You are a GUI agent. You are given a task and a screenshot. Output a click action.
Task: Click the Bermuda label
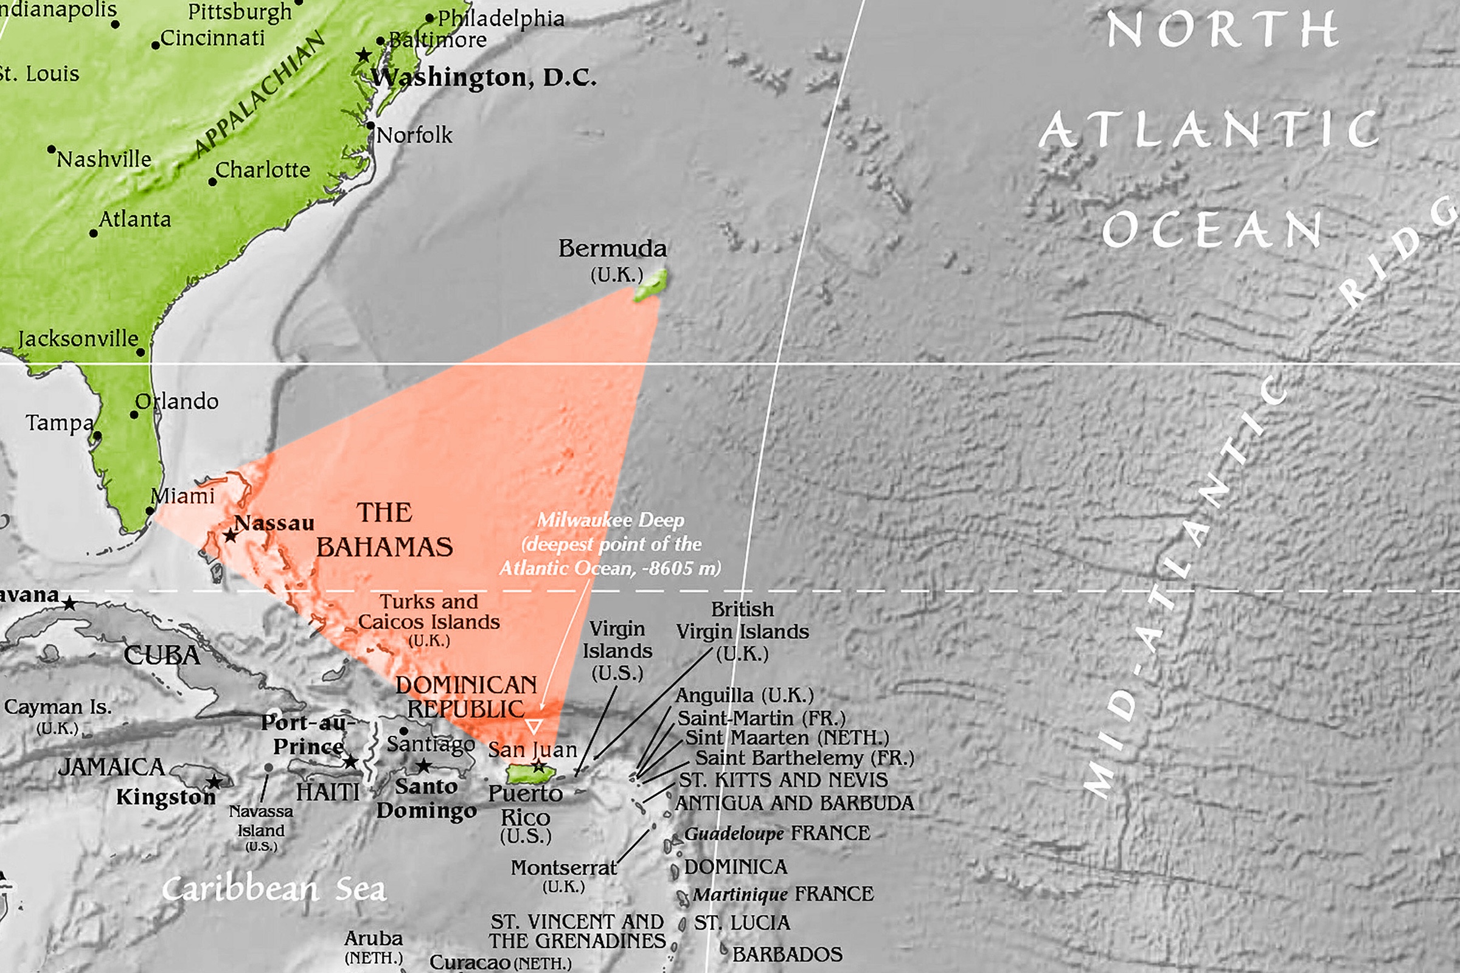tap(612, 249)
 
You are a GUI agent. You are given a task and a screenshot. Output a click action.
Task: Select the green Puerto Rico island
tap(530, 773)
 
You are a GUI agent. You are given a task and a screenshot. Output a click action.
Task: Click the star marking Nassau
tap(230, 535)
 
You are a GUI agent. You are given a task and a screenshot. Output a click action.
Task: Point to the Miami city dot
tap(150, 511)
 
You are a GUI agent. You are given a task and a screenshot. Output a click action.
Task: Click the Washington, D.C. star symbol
tap(364, 55)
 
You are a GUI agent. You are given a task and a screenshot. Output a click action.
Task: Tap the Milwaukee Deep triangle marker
tap(534, 726)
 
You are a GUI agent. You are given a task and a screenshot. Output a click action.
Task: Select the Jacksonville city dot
tap(141, 352)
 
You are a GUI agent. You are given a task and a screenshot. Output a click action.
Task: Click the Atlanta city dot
tap(93, 234)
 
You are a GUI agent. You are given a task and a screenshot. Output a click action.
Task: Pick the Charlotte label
tap(263, 170)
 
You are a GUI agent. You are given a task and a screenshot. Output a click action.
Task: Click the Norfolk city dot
tap(370, 126)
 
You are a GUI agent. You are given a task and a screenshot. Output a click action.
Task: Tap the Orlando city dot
tap(133, 415)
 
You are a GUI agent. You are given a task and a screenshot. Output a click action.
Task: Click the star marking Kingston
tap(214, 782)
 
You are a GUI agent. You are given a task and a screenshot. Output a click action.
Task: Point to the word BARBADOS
tap(787, 954)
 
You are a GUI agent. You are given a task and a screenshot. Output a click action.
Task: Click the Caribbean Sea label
tap(274, 889)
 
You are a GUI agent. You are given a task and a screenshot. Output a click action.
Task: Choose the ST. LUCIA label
tap(742, 923)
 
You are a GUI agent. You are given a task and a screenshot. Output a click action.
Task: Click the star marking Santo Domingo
tap(423, 766)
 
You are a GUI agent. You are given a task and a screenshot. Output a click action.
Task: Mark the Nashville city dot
tap(51, 150)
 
